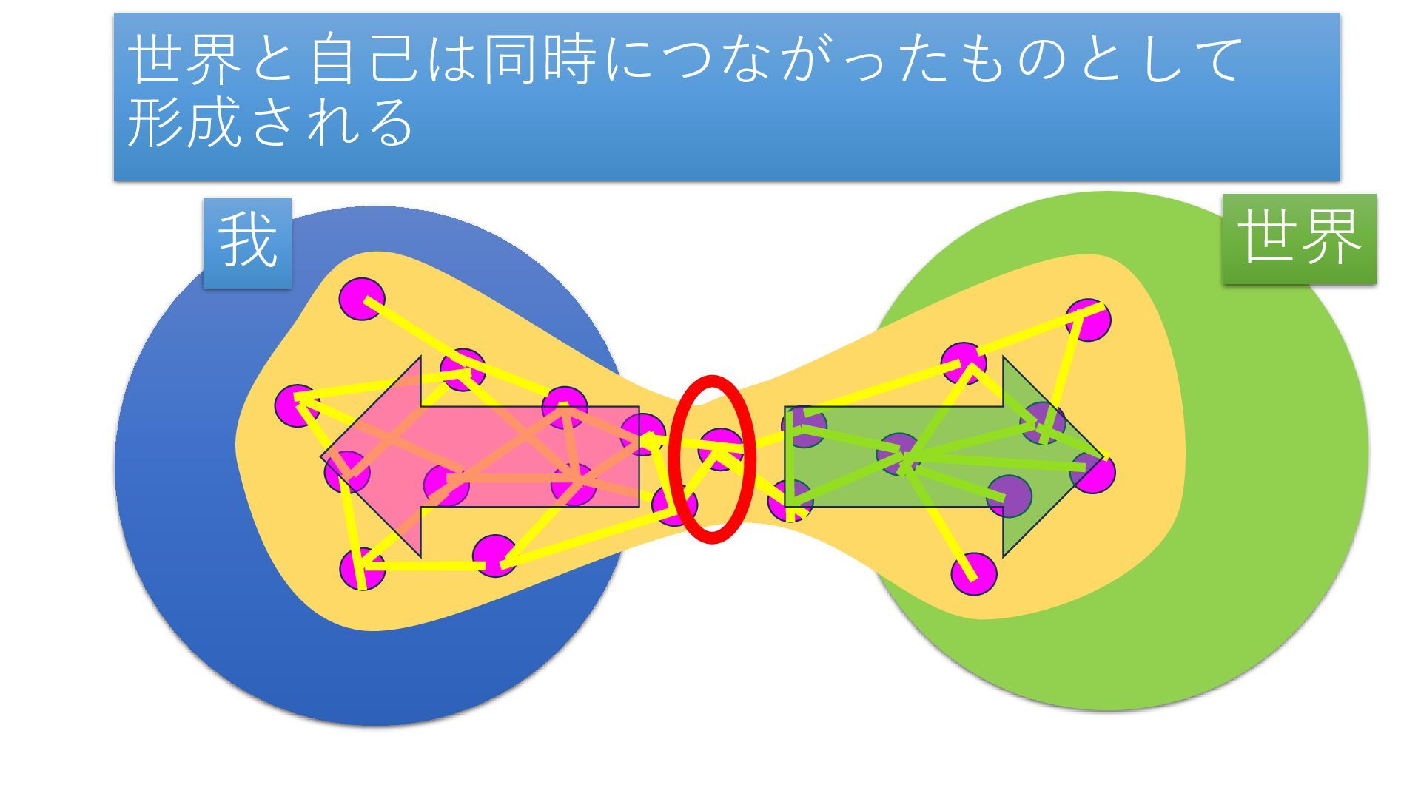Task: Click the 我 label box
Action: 247,242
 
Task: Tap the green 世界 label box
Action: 1299,238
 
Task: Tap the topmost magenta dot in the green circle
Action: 1089,320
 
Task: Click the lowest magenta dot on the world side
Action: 974,574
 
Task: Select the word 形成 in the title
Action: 184,122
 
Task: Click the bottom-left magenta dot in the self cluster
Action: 363,570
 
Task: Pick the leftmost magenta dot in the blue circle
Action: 296,405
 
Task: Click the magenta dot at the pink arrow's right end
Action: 642,434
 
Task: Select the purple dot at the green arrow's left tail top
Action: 804,427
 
